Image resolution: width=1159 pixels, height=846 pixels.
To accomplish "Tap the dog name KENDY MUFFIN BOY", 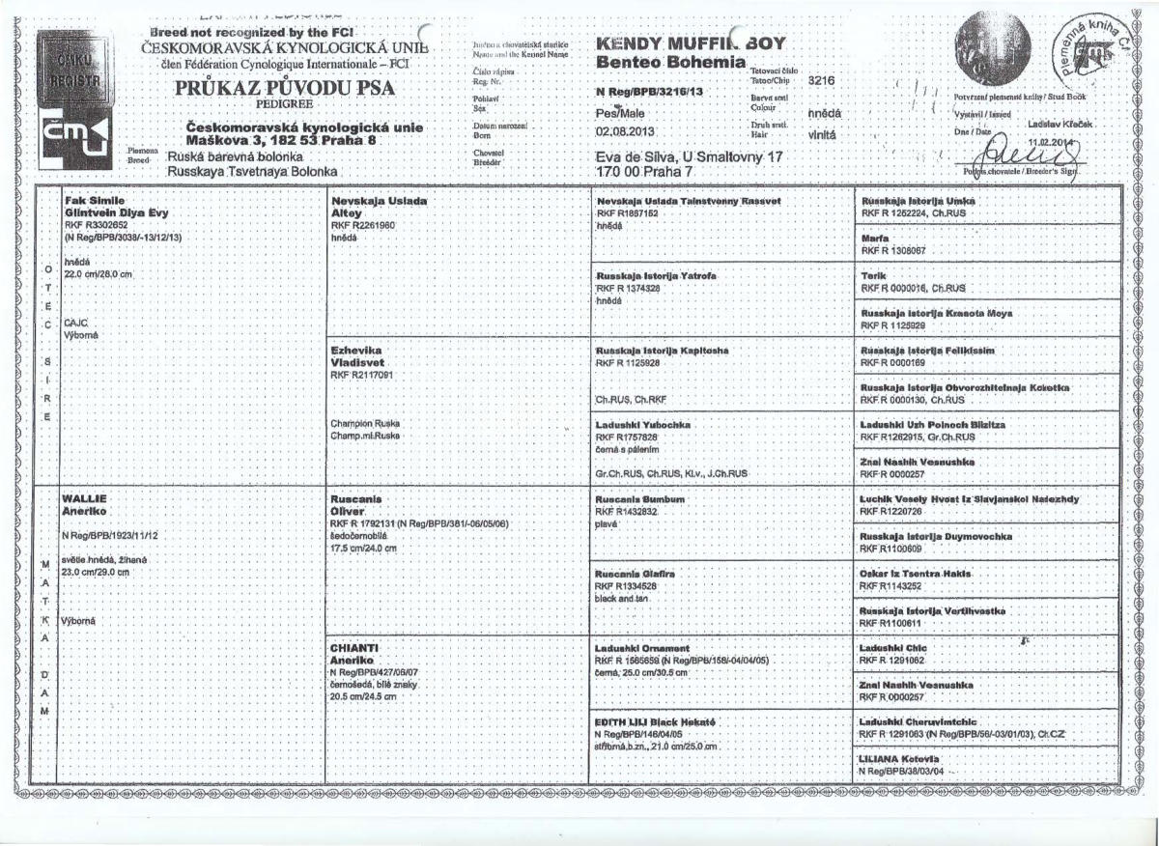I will [x=691, y=43].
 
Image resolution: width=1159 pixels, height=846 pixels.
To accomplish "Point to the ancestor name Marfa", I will [x=874, y=237].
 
